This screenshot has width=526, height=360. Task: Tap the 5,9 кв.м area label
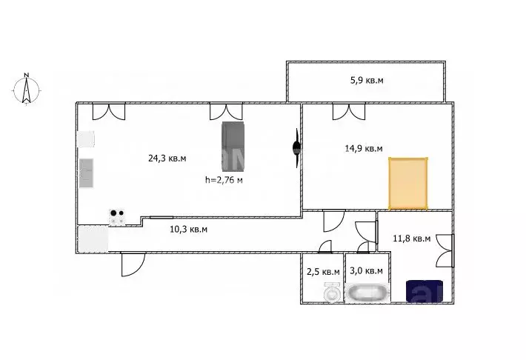coord(366,80)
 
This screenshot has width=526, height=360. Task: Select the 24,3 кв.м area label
coord(167,158)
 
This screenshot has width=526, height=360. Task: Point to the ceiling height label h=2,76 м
coord(224,179)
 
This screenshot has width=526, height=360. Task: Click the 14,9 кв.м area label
coord(364,149)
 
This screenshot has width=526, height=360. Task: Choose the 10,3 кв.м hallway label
coord(188,230)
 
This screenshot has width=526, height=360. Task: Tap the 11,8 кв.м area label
coord(411,239)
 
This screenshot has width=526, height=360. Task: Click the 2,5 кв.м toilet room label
coord(323,272)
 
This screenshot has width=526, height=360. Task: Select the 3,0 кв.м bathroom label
coord(366,272)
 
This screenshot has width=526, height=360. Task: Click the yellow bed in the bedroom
coord(409,183)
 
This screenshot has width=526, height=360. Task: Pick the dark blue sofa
coord(425,291)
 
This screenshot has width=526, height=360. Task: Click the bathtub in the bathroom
coord(367,293)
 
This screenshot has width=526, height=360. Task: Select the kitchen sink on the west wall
coord(87,174)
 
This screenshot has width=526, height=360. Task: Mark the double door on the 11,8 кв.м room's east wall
coord(445,250)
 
